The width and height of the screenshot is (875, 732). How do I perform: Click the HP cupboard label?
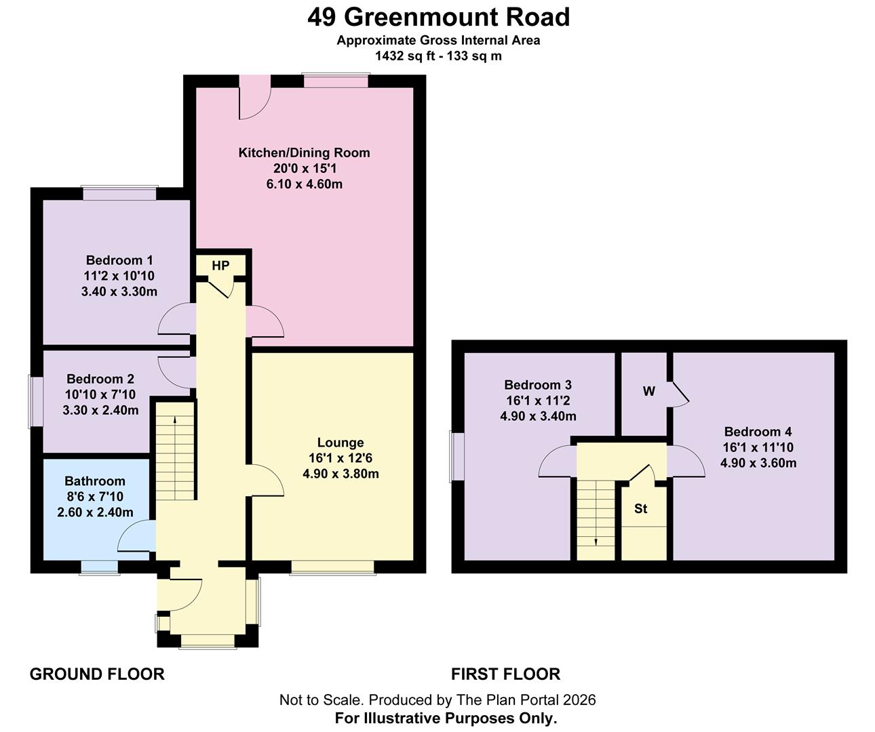pyautogui.click(x=220, y=266)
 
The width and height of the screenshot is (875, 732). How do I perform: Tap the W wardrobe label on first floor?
pyautogui.click(x=648, y=391)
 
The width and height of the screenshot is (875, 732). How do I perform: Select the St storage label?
pyautogui.click(x=641, y=508)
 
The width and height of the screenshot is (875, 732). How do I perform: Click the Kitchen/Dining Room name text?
pyautogui.click(x=305, y=152)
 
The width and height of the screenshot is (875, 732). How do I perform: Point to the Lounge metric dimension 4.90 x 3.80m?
pyautogui.click(x=341, y=474)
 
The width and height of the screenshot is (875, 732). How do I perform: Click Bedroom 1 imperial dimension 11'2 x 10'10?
pyautogui.click(x=119, y=276)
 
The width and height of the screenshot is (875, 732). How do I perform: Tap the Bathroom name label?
pyautogui.click(x=95, y=481)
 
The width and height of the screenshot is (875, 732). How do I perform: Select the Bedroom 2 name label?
pyautogui.click(x=100, y=379)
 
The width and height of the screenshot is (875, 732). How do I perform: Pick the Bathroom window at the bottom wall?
pyautogui.click(x=100, y=567)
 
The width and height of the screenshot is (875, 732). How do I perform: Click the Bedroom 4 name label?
pyautogui.click(x=758, y=431)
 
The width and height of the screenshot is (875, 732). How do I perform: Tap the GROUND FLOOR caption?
pyautogui.click(x=97, y=674)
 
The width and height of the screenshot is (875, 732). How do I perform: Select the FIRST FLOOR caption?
pyautogui.click(x=505, y=674)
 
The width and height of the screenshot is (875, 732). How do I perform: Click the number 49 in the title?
pyautogui.click(x=322, y=18)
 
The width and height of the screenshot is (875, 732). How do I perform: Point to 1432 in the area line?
pyautogui.click(x=389, y=56)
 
